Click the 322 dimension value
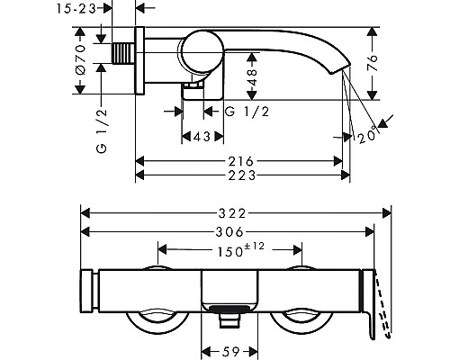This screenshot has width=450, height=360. [x=232, y=213]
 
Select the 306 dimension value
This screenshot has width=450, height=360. [x=229, y=231]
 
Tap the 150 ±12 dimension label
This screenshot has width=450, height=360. [x=241, y=250]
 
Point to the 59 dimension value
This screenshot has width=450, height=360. [x=231, y=351]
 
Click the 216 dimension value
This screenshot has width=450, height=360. [x=241, y=161]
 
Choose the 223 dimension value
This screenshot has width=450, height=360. [x=242, y=175]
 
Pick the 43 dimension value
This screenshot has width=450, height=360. [x=202, y=137]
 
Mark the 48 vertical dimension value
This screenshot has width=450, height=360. [x=253, y=76]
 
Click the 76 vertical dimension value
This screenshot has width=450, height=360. [x=373, y=63]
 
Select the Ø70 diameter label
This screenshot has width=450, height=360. [x=80, y=59]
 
